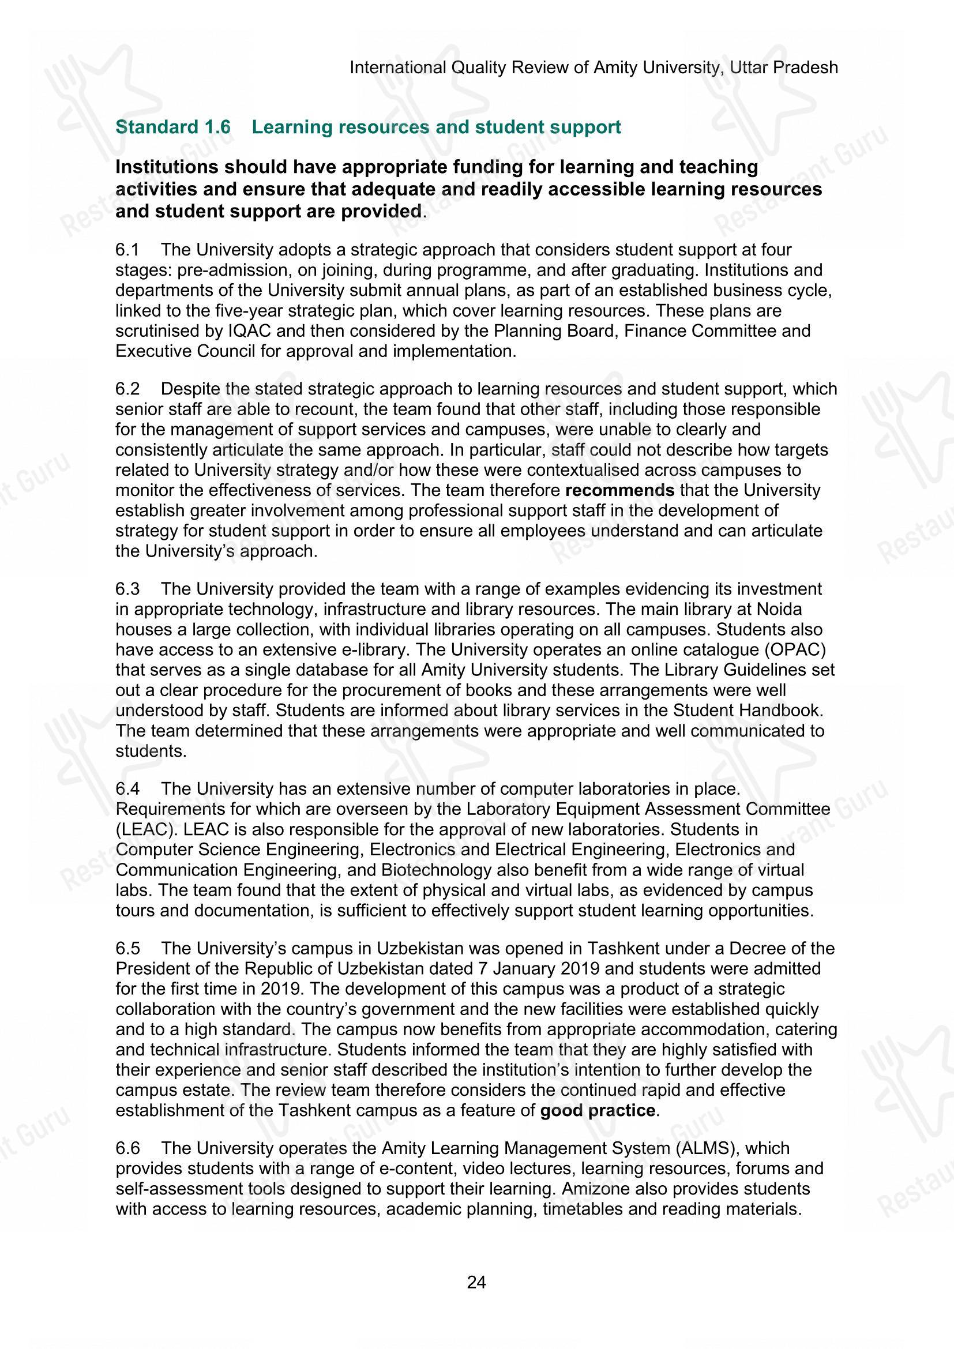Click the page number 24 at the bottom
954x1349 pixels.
(476, 1282)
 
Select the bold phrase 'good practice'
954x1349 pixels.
(598, 1110)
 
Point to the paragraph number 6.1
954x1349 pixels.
(127, 250)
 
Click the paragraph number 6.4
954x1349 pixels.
(127, 788)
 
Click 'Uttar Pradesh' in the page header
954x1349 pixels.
(784, 67)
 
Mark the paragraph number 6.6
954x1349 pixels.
(127, 1148)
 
